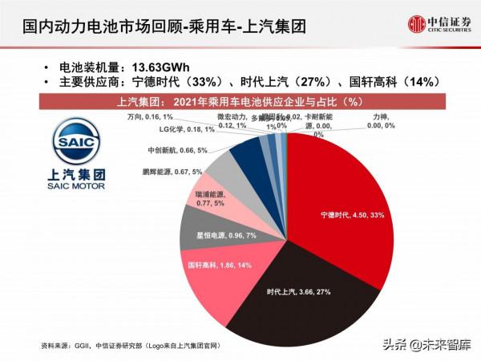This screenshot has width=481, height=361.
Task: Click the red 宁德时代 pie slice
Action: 345,201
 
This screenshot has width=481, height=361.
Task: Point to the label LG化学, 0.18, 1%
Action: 176,128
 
